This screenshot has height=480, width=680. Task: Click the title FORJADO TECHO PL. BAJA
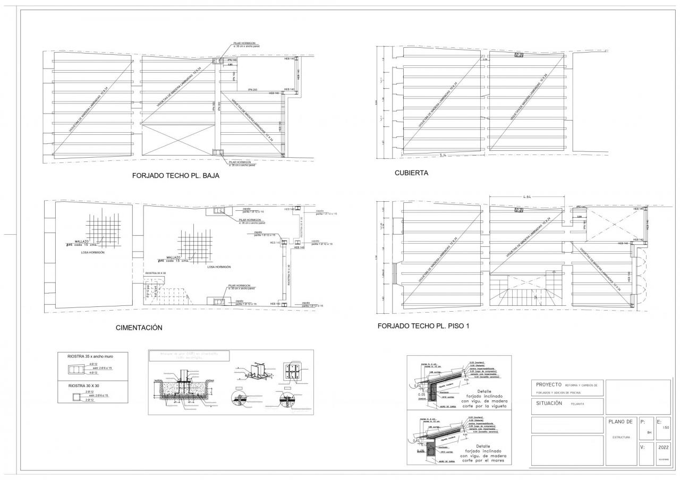point(176,176)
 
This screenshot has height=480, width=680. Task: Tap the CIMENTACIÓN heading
point(139,328)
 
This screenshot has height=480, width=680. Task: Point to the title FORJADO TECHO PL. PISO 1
point(423,326)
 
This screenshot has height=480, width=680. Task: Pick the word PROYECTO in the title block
point(549,384)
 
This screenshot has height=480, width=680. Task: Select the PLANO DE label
point(619,422)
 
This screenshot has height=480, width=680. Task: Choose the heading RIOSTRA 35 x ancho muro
point(90,356)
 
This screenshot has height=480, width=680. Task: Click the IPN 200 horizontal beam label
point(252,90)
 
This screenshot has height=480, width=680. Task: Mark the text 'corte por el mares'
point(483,461)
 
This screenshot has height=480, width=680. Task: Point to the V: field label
point(642,447)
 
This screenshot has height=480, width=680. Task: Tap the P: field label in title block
point(643,422)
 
